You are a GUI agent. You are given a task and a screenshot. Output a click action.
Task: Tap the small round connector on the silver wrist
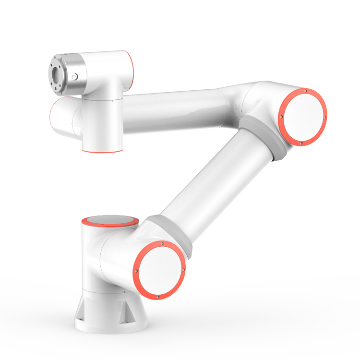(73, 76)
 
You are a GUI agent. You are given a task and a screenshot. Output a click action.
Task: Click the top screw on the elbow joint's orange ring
(304, 91)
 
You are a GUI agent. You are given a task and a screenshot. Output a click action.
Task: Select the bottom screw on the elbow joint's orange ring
(301, 143)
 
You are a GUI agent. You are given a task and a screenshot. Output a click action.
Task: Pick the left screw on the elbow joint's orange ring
(280, 116)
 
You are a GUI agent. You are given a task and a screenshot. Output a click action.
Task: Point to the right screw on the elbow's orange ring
(325, 118)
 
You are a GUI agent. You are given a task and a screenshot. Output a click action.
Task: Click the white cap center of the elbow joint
(303, 117)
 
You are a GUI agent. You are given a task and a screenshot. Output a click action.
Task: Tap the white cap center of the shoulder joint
(159, 270)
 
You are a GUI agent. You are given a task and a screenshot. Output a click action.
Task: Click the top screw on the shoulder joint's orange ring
(162, 243)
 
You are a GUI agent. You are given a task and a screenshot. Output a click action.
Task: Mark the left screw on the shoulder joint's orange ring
(136, 271)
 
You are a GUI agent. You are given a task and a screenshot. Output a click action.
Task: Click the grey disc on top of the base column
(110, 221)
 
